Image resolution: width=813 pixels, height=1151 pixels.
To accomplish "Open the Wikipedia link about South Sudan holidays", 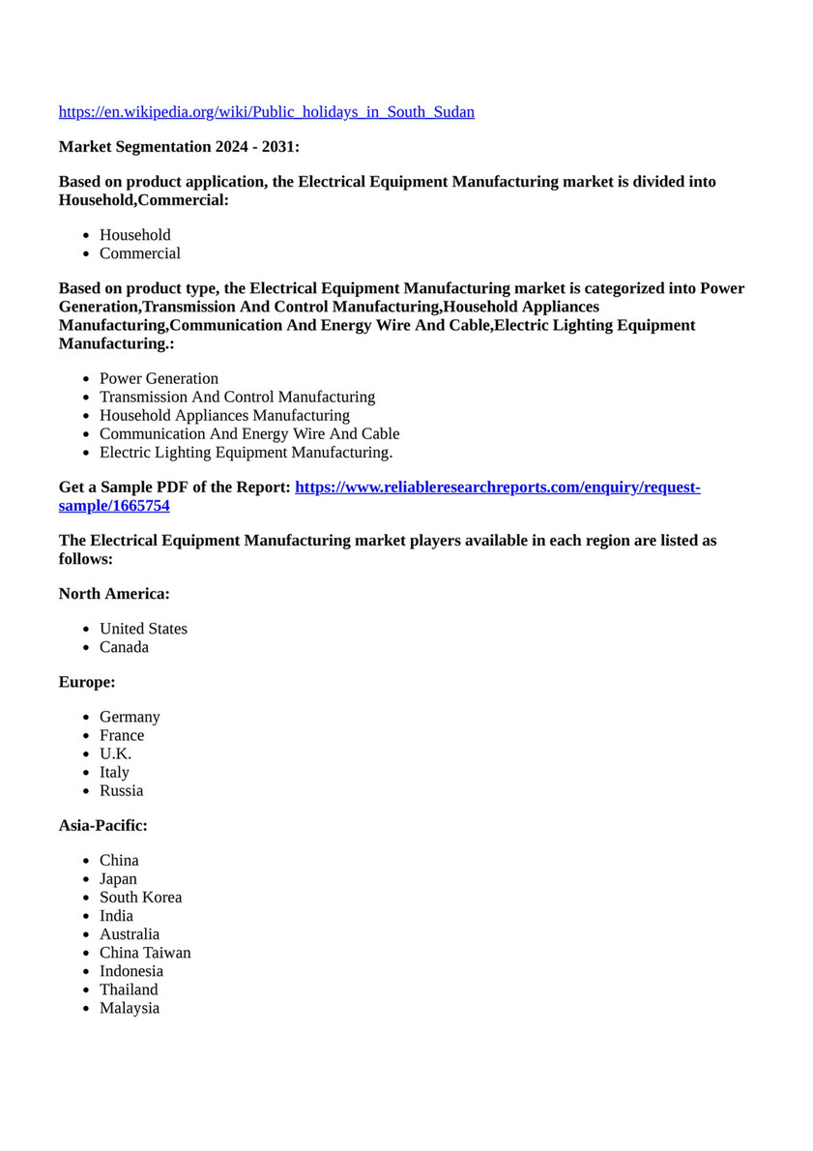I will [x=266, y=112].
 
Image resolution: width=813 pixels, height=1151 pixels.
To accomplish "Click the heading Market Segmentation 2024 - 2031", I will [x=179, y=147].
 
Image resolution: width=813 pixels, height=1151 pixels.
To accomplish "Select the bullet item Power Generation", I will [x=159, y=378].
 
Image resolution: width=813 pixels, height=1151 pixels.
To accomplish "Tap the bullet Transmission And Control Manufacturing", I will [x=237, y=397].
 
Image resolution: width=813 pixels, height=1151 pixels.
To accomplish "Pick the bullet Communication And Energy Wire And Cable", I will [x=249, y=433].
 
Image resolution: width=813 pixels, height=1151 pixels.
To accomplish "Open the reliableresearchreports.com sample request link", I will [x=497, y=487].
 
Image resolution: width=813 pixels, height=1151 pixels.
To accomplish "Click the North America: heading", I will [x=114, y=594].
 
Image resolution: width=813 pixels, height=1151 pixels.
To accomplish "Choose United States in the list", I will [x=143, y=629].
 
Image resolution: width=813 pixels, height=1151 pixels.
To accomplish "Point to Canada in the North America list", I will [x=124, y=647].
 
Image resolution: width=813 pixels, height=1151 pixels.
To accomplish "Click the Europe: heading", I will [x=87, y=682].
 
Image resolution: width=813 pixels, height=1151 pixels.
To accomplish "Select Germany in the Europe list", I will [x=130, y=717].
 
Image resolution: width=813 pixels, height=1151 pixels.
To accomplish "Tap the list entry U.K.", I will [x=115, y=753].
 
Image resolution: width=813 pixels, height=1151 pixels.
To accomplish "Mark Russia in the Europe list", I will [x=121, y=790].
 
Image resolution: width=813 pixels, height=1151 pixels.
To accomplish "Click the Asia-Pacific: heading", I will [x=103, y=825].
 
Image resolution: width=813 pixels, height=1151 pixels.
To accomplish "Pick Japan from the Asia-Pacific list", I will [x=118, y=878].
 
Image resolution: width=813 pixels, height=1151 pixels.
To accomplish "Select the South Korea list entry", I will [x=140, y=897].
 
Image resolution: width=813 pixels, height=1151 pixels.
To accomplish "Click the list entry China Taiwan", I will [x=145, y=953].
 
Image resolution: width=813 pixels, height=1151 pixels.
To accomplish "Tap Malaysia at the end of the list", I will [x=130, y=1008].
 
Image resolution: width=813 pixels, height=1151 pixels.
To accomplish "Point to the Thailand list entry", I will [x=129, y=989].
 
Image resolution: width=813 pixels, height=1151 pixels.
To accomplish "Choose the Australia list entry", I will [x=130, y=934].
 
